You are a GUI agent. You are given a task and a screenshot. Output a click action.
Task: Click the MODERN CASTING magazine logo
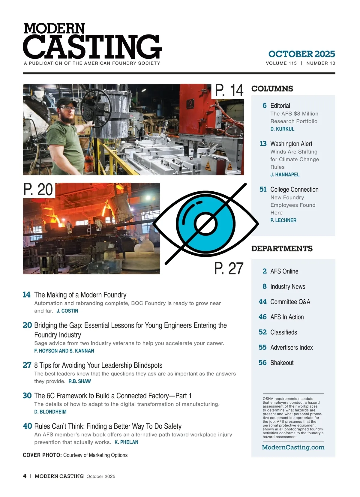tap(92, 42)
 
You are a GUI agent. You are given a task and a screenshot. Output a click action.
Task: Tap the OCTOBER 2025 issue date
tap(301, 54)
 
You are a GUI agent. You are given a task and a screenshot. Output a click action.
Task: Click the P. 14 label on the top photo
tap(229, 90)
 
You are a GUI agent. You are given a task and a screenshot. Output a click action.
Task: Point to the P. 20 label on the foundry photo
tap(38, 190)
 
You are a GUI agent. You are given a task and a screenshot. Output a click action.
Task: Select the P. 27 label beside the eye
tap(229, 268)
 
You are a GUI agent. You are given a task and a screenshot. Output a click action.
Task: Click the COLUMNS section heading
tap(272, 89)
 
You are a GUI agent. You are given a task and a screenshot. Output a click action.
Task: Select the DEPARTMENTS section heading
tap(282, 249)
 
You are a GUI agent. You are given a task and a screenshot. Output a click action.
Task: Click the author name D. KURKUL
tap(282, 129)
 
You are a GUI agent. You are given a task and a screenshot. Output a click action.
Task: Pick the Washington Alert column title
tap(291, 144)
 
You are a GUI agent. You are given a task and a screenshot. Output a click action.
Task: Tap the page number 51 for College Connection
tap(263, 189)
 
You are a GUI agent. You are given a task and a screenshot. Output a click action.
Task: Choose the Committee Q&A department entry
tap(290, 302)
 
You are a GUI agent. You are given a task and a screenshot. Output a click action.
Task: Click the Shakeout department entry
tap(282, 363)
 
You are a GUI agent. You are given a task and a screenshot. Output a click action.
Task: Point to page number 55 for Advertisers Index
tap(262, 347)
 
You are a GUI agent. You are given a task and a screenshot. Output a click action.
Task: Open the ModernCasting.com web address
tap(293, 447)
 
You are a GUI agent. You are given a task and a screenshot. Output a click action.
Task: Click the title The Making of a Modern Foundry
tap(80, 295)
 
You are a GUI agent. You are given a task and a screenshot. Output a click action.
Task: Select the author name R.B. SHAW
tap(79, 381)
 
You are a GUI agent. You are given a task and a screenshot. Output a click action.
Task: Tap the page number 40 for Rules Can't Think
tap(27, 426)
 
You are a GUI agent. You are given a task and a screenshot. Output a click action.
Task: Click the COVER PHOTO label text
tap(42, 455)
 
